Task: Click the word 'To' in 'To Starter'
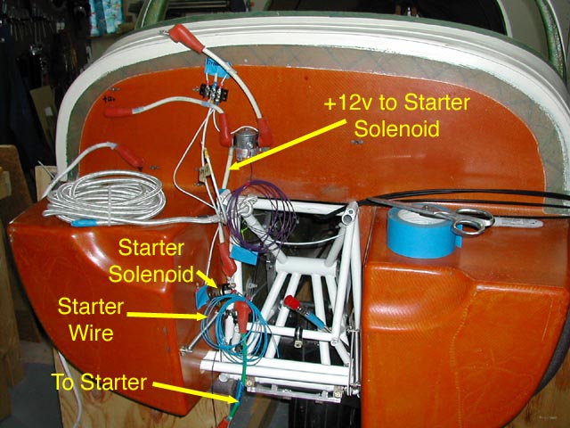[x=64, y=383]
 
